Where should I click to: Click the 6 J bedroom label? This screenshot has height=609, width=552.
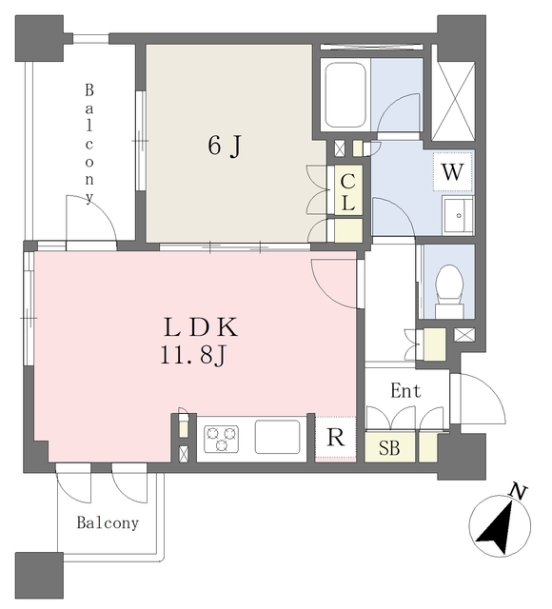(225, 146)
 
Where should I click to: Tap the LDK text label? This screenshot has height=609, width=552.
(200, 327)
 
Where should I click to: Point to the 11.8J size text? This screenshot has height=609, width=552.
(193, 356)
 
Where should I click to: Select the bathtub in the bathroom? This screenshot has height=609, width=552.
(345, 95)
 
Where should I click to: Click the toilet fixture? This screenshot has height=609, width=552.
(449, 291)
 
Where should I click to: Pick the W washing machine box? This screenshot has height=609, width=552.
(453, 171)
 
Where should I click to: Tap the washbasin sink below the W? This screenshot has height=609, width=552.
(458, 216)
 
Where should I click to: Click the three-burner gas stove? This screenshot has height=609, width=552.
(221, 439)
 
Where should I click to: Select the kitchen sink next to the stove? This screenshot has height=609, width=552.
(277, 437)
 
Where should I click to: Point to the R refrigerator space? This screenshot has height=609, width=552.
(335, 439)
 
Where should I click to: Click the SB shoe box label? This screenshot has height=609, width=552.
(389, 448)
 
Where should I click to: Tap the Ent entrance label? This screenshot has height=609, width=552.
(405, 390)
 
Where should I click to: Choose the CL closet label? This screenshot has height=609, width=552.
(348, 192)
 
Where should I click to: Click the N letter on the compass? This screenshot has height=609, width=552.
(518, 492)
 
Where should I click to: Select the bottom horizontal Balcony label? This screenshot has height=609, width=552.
(108, 522)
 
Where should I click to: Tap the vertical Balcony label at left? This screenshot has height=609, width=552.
(89, 144)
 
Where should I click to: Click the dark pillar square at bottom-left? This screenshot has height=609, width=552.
(39, 575)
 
